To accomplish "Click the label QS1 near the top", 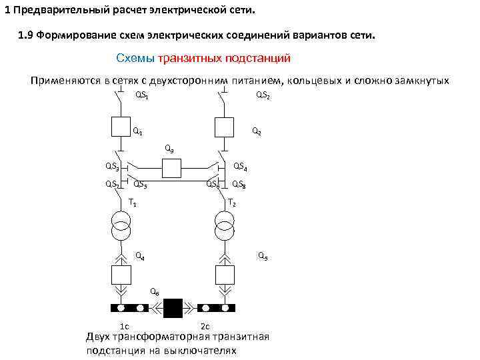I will click(142, 95).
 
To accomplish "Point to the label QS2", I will click(263, 95).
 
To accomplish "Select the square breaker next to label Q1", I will click(121, 127).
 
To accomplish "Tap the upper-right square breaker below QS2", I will click(223, 127).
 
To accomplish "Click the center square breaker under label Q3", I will click(172, 169).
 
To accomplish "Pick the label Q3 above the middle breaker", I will click(169, 149).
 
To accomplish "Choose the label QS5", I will click(140, 185).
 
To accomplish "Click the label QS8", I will click(239, 185).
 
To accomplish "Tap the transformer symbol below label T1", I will click(121, 227).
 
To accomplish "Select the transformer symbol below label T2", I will click(224, 227).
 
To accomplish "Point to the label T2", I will click(231, 203).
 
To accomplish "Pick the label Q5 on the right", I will click(263, 256).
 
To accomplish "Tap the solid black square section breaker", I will click(173, 308).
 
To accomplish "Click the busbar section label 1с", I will click(124, 325).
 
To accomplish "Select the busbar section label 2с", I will click(205, 325).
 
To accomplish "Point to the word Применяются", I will click(65, 81).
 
